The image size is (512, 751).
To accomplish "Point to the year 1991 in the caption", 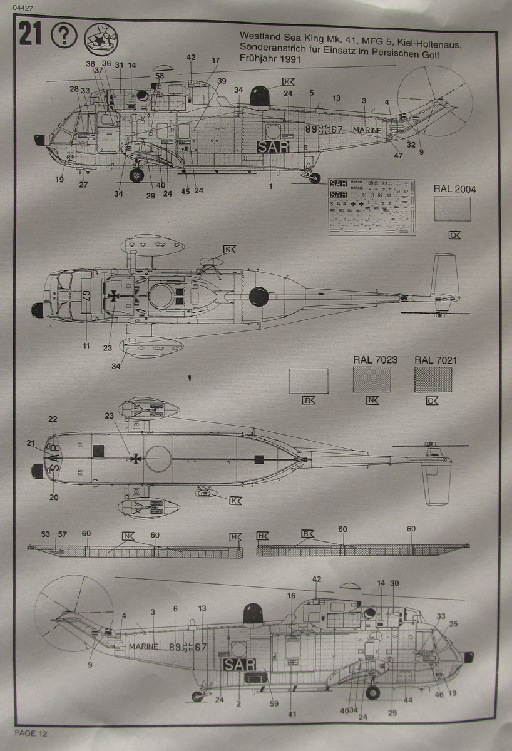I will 288,59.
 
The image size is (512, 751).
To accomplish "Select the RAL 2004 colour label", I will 451,187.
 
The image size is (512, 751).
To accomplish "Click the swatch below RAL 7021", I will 434,379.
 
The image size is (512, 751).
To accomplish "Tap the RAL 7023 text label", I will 371,360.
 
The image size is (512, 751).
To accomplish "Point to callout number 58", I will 160,76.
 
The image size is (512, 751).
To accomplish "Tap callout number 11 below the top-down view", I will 86,345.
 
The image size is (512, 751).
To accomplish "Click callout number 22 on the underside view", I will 53,419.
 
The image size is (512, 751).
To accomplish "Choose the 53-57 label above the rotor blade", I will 53,534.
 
